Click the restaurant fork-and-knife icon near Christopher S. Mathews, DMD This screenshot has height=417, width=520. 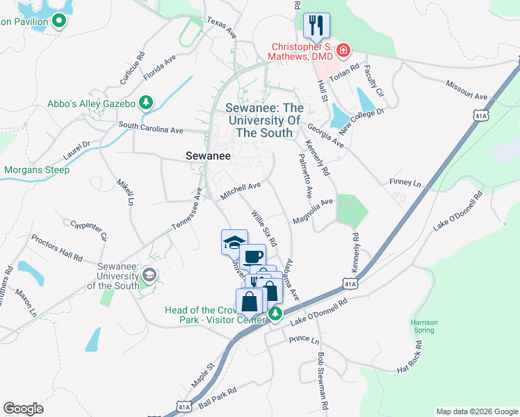pos(316,26)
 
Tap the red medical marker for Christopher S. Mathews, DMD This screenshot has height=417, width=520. pos(343,50)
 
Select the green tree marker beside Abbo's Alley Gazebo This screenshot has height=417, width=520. pos(145,104)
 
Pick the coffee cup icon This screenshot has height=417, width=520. pos(254,256)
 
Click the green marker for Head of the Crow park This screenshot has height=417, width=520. pos(275,315)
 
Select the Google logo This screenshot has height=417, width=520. pos(23,409)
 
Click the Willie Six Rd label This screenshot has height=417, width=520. pos(264,229)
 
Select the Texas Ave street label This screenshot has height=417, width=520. pos(222,28)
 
